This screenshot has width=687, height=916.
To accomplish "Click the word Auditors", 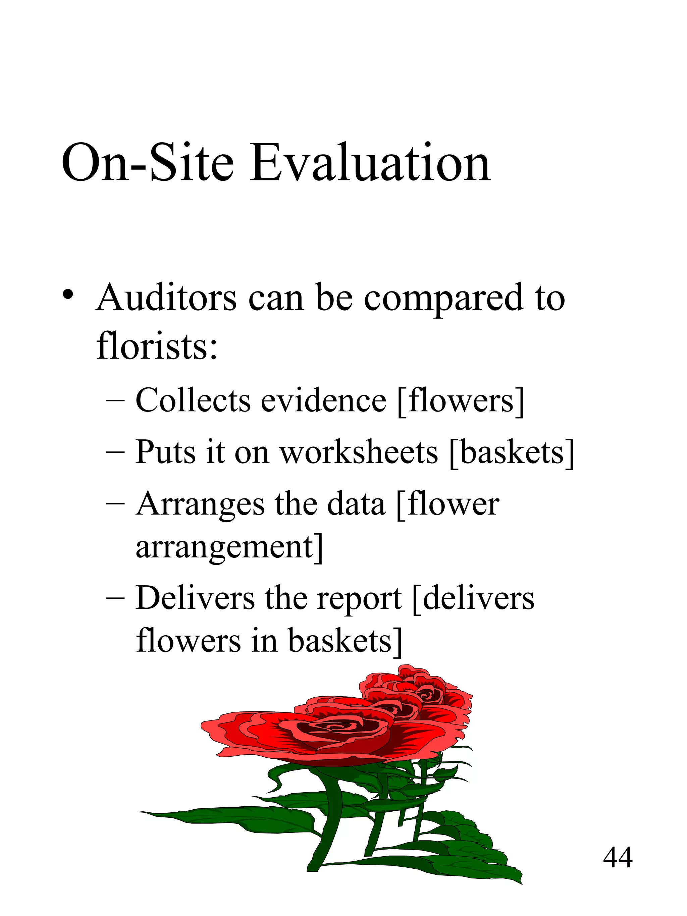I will pyautogui.click(x=166, y=298).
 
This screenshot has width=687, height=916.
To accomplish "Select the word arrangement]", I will pyautogui.click(x=229, y=548).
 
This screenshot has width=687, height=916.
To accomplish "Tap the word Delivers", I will pyautogui.click(x=195, y=598).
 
